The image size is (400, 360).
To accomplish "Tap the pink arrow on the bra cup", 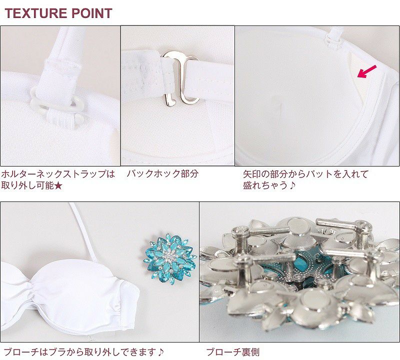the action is [x=366, y=71].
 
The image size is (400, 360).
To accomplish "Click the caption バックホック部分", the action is [x=162, y=173].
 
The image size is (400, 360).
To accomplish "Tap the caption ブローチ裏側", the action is [x=232, y=352].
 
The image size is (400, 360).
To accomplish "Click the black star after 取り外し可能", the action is [x=58, y=185].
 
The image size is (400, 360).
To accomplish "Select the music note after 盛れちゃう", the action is [x=292, y=185].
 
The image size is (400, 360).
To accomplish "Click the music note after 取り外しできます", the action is [x=160, y=352].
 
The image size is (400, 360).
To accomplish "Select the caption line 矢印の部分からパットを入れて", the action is [x=306, y=173].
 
